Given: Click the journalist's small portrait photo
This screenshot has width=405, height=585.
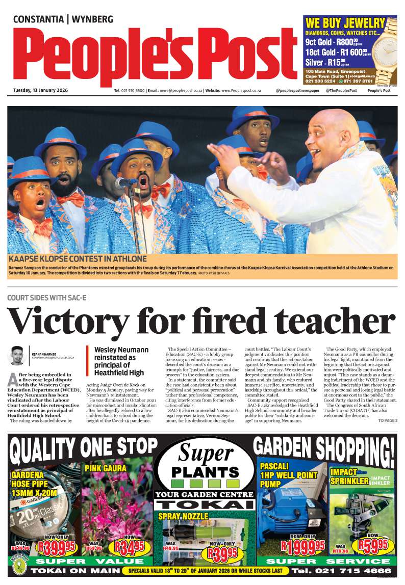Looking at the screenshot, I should (x=17, y=356).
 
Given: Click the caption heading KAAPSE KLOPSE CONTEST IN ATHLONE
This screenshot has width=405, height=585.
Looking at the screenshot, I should (x=78, y=259).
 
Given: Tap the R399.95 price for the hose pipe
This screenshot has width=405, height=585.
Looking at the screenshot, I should (x=58, y=548).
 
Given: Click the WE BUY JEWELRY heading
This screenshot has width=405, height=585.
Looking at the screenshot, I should (x=345, y=23).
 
